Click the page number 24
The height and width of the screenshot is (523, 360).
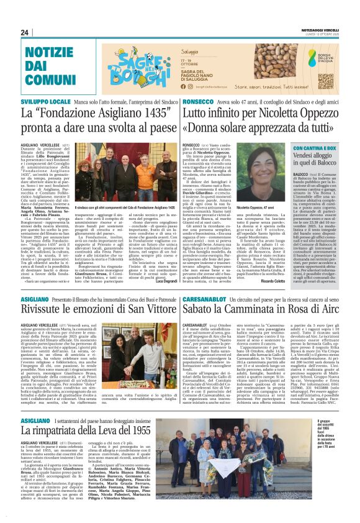25,32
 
